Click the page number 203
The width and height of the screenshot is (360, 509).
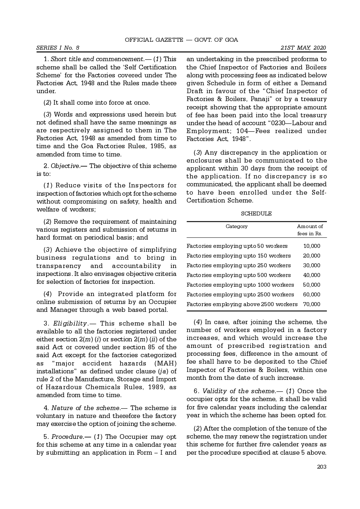click(x=321, y=467)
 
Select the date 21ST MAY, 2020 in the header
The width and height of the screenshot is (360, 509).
click(x=303, y=48)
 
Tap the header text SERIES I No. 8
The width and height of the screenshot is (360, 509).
click(x=58, y=48)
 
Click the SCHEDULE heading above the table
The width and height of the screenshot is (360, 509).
click(x=256, y=214)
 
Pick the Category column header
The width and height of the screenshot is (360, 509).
click(x=237, y=226)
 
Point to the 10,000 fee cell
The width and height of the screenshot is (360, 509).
click(x=311, y=246)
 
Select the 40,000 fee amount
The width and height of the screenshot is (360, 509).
click(x=311, y=275)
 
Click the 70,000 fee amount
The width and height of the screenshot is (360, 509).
click(x=311, y=304)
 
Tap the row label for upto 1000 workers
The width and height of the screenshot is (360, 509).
click(x=240, y=285)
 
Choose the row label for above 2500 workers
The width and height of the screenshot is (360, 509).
click(x=242, y=304)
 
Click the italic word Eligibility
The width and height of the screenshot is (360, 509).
click(x=70, y=323)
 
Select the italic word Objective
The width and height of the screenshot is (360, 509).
click(x=65, y=166)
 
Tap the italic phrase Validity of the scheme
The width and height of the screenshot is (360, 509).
click(x=234, y=391)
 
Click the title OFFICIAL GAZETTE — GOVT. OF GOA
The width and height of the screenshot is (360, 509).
click(x=181, y=40)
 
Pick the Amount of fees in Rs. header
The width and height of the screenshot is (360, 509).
click(x=310, y=230)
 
